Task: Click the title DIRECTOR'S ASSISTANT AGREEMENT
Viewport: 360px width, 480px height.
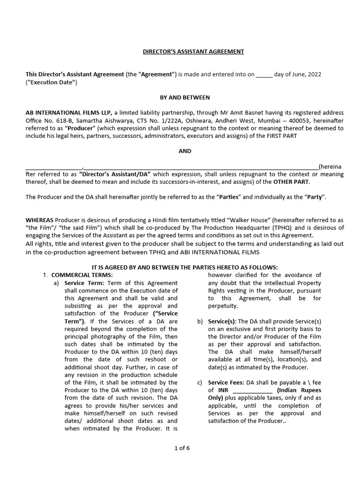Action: (x=193, y=52)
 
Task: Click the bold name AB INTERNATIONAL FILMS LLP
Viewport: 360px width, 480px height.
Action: (x=68, y=112)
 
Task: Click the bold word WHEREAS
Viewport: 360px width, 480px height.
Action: (x=39, y=220)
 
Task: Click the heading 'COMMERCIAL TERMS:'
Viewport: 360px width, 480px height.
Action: (x=82, y=275)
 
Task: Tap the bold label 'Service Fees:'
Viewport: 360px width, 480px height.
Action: (x=226, y=382)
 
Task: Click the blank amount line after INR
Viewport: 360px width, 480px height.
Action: (x=252, y=390)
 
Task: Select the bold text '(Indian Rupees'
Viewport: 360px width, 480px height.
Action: (x=299, y=390)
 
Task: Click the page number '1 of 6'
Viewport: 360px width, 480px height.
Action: (x=182, y=448)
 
